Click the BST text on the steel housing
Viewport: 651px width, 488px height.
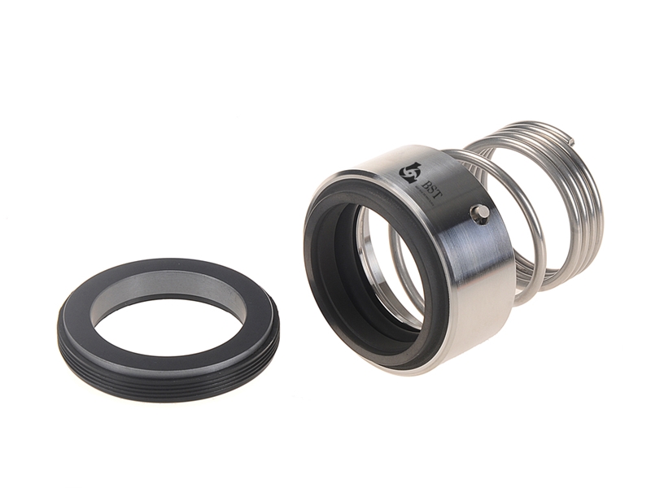coord(430,185)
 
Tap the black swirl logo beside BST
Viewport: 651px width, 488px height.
coord(409,174)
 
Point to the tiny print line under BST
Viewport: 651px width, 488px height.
coord(426,197)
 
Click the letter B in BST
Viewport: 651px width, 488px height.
coord(424,182)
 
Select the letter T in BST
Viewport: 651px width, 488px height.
coord(435,189)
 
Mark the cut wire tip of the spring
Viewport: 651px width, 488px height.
coord(571,141)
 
